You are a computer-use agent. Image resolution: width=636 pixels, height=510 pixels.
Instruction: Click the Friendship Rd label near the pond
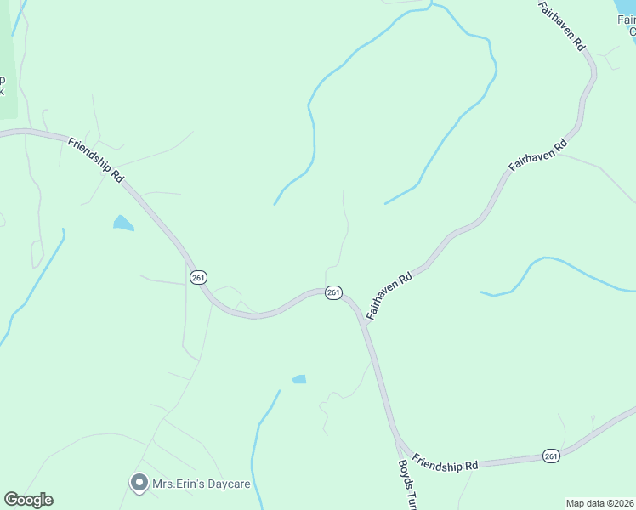(96, 158)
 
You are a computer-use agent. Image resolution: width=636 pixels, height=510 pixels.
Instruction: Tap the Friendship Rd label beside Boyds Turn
(446, 465)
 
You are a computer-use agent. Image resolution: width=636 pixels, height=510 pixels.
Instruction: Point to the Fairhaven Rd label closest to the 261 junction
(389, 296)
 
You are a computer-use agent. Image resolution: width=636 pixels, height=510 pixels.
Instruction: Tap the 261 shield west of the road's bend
(197, 278)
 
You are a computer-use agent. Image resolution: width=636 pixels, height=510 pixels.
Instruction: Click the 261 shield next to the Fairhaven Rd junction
(333, 292)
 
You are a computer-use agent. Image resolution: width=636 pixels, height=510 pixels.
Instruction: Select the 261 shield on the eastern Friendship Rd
(551, 456)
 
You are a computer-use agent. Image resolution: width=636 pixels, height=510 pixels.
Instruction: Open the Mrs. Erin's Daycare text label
(201, 484)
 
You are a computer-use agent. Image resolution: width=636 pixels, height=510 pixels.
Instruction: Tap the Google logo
(28, 500)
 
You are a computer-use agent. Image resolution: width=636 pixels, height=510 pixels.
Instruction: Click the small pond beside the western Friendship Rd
(123, 224)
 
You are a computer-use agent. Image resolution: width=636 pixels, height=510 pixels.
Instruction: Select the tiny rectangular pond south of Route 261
(299, 379)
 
